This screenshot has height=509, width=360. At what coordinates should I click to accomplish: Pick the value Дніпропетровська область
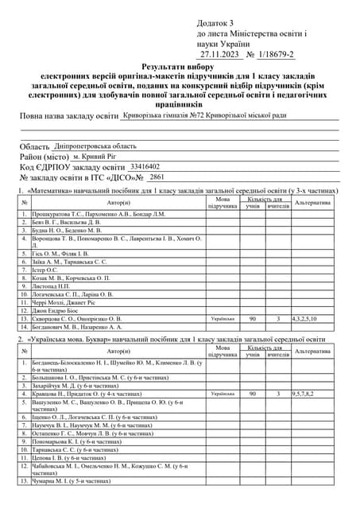click(x=96, y=146)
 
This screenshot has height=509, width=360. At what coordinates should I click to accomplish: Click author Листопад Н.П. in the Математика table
click(x=54, y=286)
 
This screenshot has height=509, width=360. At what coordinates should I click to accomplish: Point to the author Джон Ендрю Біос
click(x=59, y=310)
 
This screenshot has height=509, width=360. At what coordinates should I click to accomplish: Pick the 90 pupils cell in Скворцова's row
click(x=253, y=318)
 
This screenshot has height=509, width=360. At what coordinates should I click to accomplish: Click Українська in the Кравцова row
click(x=223, y=393)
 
